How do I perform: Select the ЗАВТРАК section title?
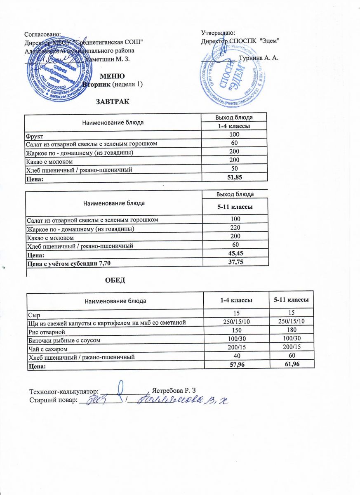[113, 101]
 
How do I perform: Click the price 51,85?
[234, 177]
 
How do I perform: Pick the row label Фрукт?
[35, 135]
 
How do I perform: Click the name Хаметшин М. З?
[107, 59]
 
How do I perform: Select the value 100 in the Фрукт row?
[234, 135]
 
